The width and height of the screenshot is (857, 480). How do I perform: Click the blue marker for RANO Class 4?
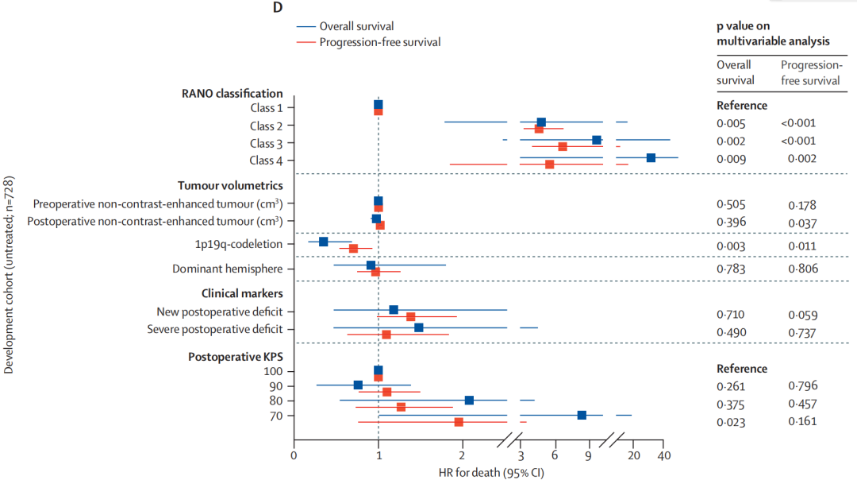pos(651,157)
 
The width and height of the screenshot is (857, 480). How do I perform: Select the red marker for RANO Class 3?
pos(563,146)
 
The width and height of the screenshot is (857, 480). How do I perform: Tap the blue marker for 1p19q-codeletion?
pos(323,242)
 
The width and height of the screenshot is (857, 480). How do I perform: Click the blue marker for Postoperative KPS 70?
pos(582,415)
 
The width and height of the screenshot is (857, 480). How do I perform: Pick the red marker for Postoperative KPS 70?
pos(459,422)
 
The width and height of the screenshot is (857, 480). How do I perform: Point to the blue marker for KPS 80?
pos(469,400)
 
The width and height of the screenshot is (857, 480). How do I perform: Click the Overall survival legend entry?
pos(356,26)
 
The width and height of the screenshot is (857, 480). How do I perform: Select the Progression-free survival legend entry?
pos(379,42)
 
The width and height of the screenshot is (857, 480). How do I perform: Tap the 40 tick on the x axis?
pos(664,455)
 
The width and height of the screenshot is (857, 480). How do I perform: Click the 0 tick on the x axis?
pos(294,455)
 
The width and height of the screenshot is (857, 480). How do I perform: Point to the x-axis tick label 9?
pos(589,455)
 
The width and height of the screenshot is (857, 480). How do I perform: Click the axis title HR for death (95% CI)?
pos(490,472)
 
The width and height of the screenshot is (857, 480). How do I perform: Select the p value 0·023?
pos(731,421)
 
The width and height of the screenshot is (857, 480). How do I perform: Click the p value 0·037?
pos(802,221)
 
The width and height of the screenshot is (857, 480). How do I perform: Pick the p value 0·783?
pos(731,269)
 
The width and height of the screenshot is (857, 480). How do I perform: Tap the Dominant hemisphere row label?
pos(228,269)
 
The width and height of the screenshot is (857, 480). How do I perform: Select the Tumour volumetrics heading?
pos(230,185)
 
